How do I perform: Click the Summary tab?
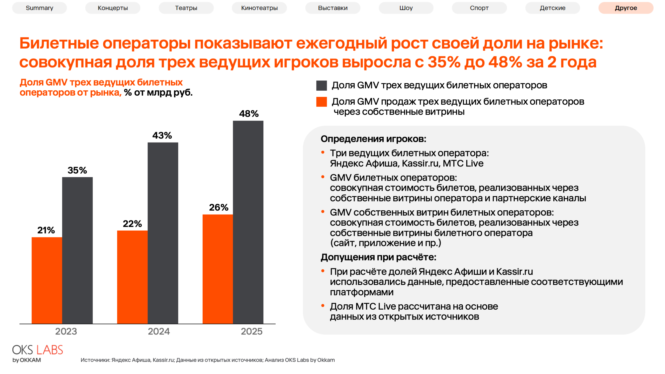click(x=39, y=8)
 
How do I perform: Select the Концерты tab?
click(x=113, y=8)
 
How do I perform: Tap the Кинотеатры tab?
click(x=259, y=8)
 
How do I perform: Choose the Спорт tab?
click(x=479, y=8)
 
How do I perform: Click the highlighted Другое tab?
click(x=626, y=8)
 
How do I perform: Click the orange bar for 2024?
click(x=132, y=277)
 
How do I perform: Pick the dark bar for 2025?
click(x=248, y=222)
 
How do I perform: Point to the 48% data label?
click(x=249, y=113)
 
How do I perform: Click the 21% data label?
click(x=46, y=230)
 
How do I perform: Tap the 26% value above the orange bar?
click(x=218, y=207)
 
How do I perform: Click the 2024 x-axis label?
click(x=159, y=331)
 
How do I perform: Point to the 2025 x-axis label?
click(x=251, y=331)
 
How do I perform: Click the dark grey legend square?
click(x=321, y=85)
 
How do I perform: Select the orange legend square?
click(x=321, y=102)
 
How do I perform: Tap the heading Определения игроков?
click(x=373, y=139)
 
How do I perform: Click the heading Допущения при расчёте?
click(x=378, y=257)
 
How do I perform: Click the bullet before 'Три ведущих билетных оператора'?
click(x=323, y=152)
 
